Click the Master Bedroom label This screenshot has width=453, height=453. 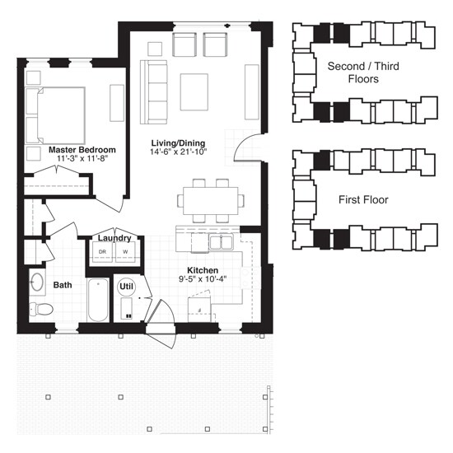[82, 150]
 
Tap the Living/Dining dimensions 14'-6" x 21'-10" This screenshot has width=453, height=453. [179, 152]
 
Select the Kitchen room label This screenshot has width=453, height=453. [203, 270]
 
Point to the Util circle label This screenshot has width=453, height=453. [126, 287]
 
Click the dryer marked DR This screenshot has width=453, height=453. [102, 252]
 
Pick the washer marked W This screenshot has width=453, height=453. [125, 252]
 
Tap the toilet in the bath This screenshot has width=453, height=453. [41, 309]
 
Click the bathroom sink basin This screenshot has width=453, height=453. [37, 282]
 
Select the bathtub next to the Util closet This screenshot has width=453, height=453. [98, 300]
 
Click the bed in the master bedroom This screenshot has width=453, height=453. [55, 115]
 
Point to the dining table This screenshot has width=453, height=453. [211, 200]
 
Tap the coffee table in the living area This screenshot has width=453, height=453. [194, 92]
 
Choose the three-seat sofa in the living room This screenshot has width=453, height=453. [154, 92]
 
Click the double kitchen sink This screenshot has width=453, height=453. [221, 243]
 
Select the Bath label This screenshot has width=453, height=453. [63, 285]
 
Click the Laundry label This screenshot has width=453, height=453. [114, 238]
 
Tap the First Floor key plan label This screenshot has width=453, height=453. [363, 200]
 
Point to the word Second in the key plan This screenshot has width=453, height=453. [346, 66]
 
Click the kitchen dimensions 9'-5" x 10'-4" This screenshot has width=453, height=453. [203, 279]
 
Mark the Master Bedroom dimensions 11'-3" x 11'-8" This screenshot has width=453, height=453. [82, 158]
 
